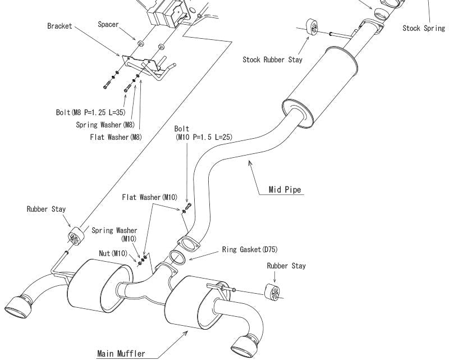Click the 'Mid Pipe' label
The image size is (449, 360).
click(285, 189)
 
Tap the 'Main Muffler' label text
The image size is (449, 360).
click(121, 354)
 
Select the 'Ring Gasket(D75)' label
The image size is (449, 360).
click(250, 250)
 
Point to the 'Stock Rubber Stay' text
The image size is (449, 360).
click(272, 60)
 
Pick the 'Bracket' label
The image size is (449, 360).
click(59, 26)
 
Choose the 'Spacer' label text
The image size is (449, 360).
click(108, 24)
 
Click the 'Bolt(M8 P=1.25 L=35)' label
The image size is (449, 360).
click(91, 112)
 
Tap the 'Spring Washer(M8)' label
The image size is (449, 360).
click(105, 125)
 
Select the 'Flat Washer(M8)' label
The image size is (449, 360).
click(116, 137)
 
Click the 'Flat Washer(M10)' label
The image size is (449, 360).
click(150, 197)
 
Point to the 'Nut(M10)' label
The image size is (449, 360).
click(113, 253)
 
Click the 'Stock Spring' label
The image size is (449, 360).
click(424, 28)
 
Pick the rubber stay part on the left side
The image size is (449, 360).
click(76, 236)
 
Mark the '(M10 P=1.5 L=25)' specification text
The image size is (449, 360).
click(204, 137)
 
